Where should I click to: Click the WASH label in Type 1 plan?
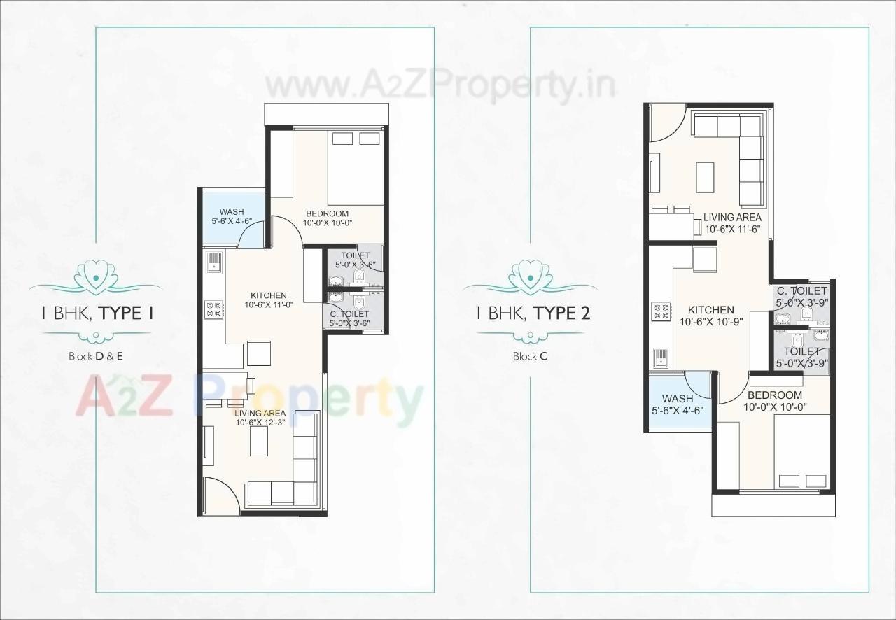point(231,212)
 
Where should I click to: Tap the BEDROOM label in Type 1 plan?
point(325,213)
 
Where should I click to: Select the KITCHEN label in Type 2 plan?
point(710,310)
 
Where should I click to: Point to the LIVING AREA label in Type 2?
point(732,218)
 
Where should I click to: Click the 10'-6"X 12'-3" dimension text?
point(260,423)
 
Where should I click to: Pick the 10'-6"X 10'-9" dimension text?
point(710,322)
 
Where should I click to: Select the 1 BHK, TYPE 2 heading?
point(533,313)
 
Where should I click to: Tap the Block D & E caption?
point(96,356)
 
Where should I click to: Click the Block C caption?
point(530,356)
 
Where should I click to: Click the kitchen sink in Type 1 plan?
point(213,263)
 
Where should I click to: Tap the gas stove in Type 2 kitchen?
point(661,311)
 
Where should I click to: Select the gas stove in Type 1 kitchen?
point(213,309)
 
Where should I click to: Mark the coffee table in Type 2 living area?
point(705,178)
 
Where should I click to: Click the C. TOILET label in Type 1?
point(349,314)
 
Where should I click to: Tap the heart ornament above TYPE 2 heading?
point(530,274)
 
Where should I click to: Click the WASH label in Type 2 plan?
point(678,399)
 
